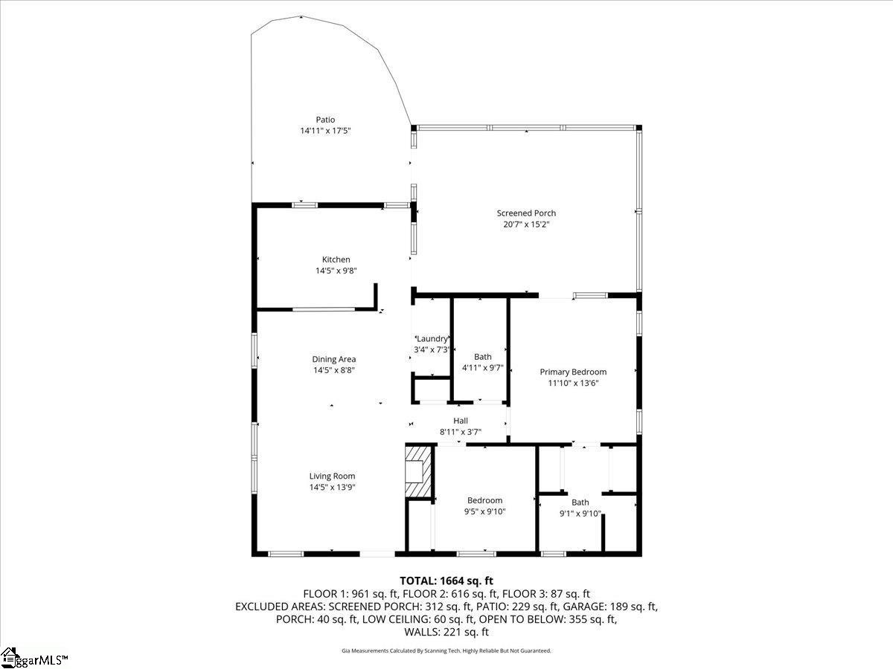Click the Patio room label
pos(325,120)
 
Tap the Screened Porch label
pos(526,213)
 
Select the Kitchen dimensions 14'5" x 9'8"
pos(336,271)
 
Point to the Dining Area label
pos(333,359)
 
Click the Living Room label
pos(332,476)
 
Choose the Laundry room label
pos(432,339)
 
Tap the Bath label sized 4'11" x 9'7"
pos(482,357)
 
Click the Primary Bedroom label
pos(573,372)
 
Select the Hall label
pos(461,421)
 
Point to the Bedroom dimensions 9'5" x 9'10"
pos(484,511)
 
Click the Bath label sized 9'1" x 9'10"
pos(580,502)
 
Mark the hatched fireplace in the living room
pos(418,471)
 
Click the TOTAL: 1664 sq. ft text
pos(446,581)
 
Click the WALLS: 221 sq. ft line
pos(446,632)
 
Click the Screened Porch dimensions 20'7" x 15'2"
pos(526,224)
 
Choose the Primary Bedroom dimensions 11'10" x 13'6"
pos(573,383)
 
